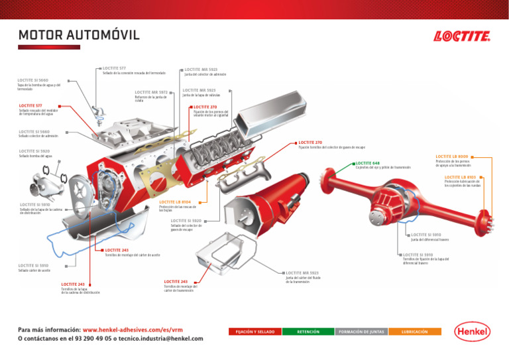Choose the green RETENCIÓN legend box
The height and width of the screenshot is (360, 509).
tap(308, 331)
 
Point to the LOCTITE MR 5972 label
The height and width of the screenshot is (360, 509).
tap(150, 92)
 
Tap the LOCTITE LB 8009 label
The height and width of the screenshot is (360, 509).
tap(453, 156)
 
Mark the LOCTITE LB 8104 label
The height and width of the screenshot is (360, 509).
tap(175, 202)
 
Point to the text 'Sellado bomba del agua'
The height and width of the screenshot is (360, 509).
tap(34, 156)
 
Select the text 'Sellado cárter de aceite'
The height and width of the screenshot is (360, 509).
tap(34, 270)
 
